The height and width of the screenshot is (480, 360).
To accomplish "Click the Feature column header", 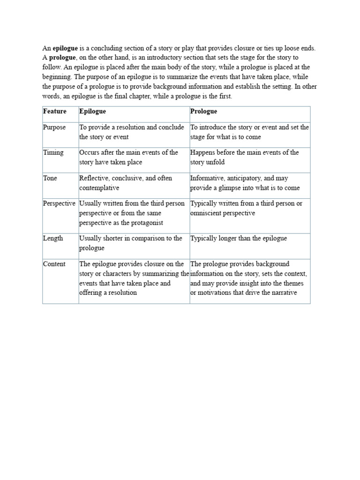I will (55, 112).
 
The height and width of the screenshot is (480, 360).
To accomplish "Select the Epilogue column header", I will (93, 112).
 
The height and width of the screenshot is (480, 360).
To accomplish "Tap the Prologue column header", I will (203, 112).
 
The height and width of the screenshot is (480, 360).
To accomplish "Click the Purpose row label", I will (54, 127).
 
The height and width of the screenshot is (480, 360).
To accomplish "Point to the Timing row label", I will (53, 153).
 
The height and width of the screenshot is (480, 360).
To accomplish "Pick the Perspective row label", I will (59, 203).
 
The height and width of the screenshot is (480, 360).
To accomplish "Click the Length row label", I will (53, 238).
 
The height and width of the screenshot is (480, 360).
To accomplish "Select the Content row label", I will (54, 264).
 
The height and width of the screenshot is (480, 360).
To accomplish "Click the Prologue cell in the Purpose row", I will (249, 132).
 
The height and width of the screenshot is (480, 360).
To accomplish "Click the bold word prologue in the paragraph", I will (63, 57).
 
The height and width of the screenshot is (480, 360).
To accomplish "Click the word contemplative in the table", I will (99, 188).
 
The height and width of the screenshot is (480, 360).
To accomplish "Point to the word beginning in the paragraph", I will (57, 76).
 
